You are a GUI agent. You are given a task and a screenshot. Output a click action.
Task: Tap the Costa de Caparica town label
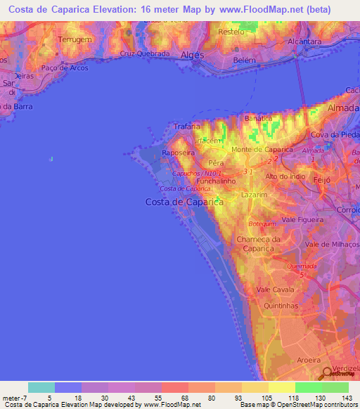click(184, 202)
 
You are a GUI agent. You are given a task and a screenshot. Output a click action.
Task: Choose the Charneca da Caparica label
click(259, 243)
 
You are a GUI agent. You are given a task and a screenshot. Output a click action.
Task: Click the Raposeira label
click(178, 152)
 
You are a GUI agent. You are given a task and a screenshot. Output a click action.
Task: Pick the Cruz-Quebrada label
click(146, 53)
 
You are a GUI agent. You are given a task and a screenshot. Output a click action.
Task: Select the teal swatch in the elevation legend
click(41, 387)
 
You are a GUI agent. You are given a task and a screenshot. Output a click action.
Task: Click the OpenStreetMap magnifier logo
click(327, 375)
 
